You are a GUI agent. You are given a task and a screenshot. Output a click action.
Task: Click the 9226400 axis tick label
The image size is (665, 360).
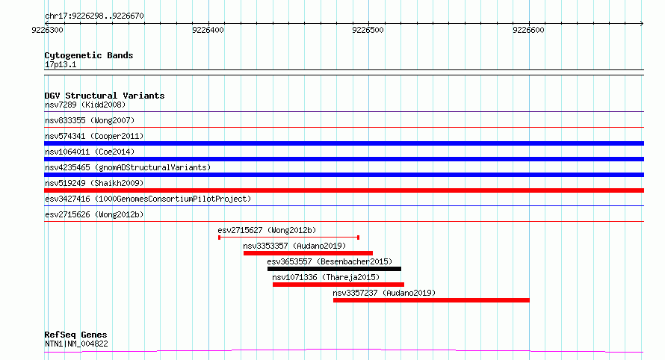[208, 30]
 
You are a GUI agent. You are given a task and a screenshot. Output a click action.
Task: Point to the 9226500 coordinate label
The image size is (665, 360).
[368, 30]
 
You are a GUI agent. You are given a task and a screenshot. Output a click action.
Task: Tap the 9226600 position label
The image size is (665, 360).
[528, 30]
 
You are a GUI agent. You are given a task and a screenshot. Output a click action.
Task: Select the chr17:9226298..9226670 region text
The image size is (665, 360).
[94, 16]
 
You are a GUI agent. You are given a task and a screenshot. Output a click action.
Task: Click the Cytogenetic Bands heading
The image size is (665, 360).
[89, 55]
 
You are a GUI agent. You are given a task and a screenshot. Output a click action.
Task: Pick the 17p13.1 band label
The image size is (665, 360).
[61, 64]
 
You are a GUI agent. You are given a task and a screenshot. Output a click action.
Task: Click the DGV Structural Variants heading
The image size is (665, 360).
[105, 96]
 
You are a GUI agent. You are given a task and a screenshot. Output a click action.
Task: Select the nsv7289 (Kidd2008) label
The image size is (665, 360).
[85, 105]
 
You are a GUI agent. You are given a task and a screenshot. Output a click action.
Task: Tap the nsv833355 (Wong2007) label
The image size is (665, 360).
[90, 120]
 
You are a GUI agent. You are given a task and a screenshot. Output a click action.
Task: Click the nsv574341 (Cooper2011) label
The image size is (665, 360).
[94, 136]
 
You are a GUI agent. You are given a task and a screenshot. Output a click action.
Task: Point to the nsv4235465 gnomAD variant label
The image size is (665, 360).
[128, 167]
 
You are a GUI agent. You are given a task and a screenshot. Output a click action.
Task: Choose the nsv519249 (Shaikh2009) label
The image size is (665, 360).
[94, 183]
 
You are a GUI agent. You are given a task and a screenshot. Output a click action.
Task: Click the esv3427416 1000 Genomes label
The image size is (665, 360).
[148, 199]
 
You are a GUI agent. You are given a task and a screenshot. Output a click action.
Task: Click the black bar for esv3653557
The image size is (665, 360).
[334, 269]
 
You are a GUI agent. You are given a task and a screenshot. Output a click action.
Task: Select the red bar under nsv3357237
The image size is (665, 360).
[431, 300]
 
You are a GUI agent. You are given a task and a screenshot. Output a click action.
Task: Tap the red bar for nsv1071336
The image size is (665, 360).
[338, 285]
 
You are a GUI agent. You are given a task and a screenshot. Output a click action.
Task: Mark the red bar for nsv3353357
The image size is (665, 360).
[309, 253]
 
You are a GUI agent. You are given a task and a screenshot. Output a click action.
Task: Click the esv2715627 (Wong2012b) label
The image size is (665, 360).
[267, 230]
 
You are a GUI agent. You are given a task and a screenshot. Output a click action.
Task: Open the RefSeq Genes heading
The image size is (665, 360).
[75, 335]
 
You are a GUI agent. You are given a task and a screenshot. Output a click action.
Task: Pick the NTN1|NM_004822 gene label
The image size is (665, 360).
[76, 344]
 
